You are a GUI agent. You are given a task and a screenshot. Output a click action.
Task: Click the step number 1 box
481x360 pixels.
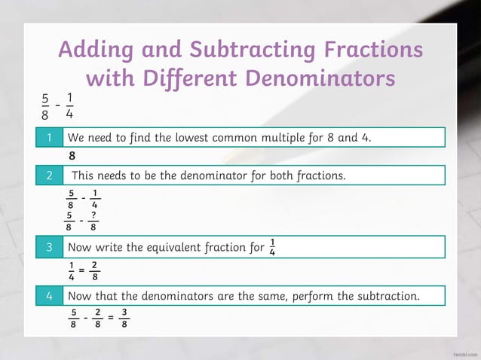(x=49, y=138)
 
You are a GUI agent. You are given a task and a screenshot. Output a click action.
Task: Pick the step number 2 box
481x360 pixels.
(x=49, y=175)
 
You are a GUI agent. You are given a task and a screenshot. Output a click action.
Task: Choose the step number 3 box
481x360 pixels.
(x=49, y=247)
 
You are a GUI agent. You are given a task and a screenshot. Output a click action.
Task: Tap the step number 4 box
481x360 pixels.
(x=49, y=296)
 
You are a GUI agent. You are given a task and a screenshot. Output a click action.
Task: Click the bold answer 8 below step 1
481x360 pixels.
(x=72, y=157)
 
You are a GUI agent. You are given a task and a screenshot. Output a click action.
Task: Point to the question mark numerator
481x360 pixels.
(x=93, y=215)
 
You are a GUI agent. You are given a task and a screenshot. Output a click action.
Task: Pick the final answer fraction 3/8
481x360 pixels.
(x=124, y=319)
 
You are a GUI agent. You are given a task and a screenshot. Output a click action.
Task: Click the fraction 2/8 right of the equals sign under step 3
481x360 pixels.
(x=93, y=270)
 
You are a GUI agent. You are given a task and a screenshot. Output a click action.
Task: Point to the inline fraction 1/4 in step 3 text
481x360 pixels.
(x=272, y=247)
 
